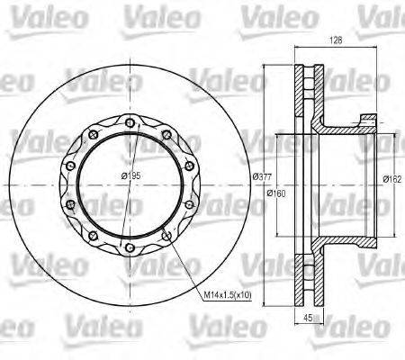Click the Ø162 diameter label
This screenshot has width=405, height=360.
pyautogui.click(x=391, y=178)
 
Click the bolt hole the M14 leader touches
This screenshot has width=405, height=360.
pyautogui.click(x=168, y=236)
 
